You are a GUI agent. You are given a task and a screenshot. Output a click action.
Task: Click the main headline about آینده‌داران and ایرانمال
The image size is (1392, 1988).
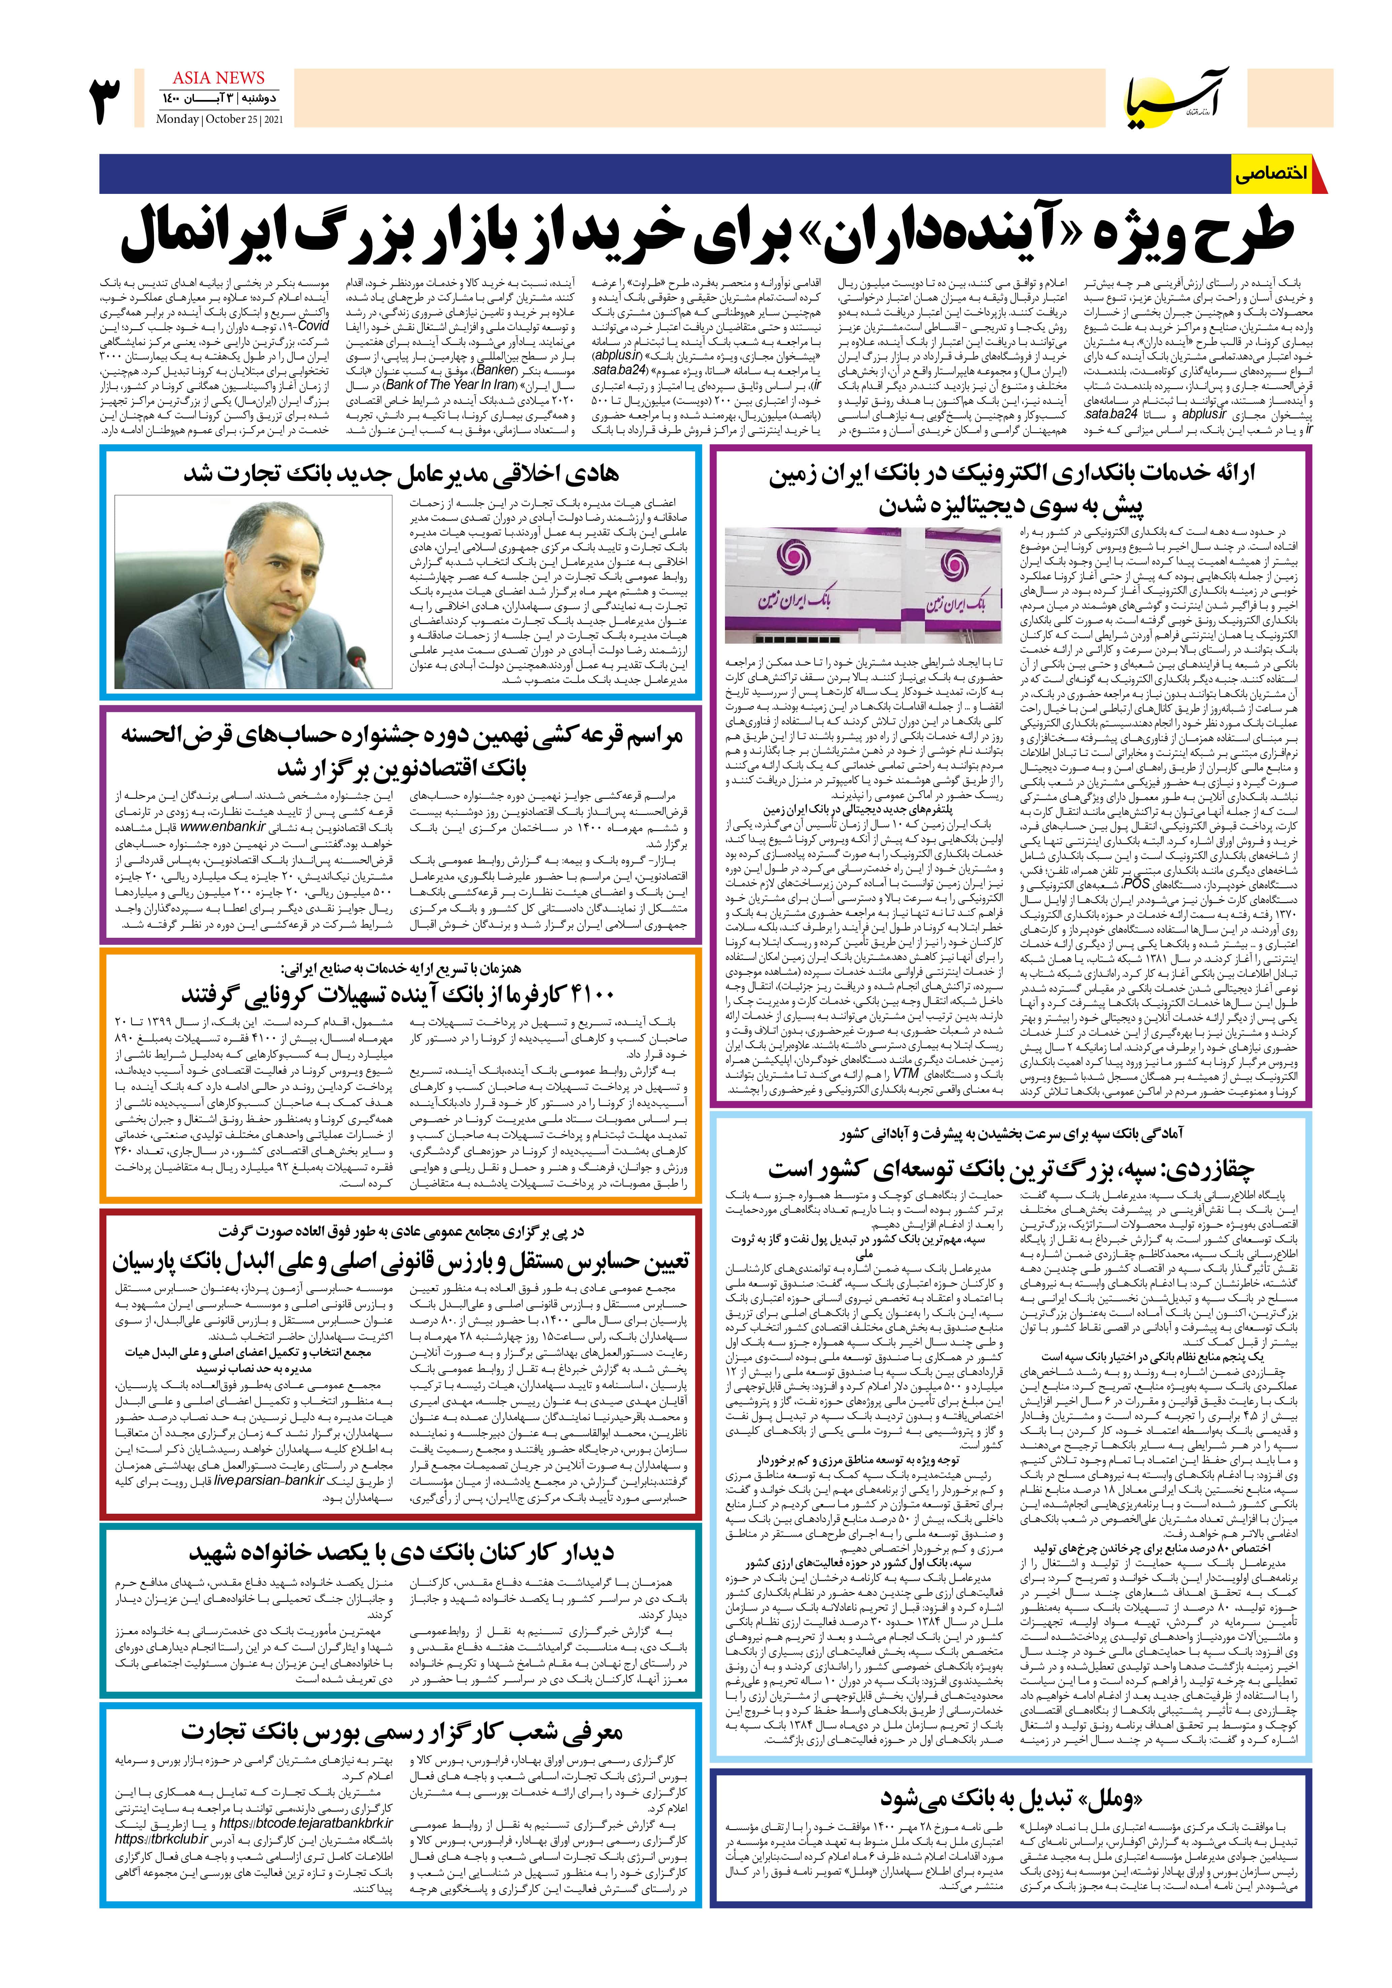(x=706, y=232)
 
